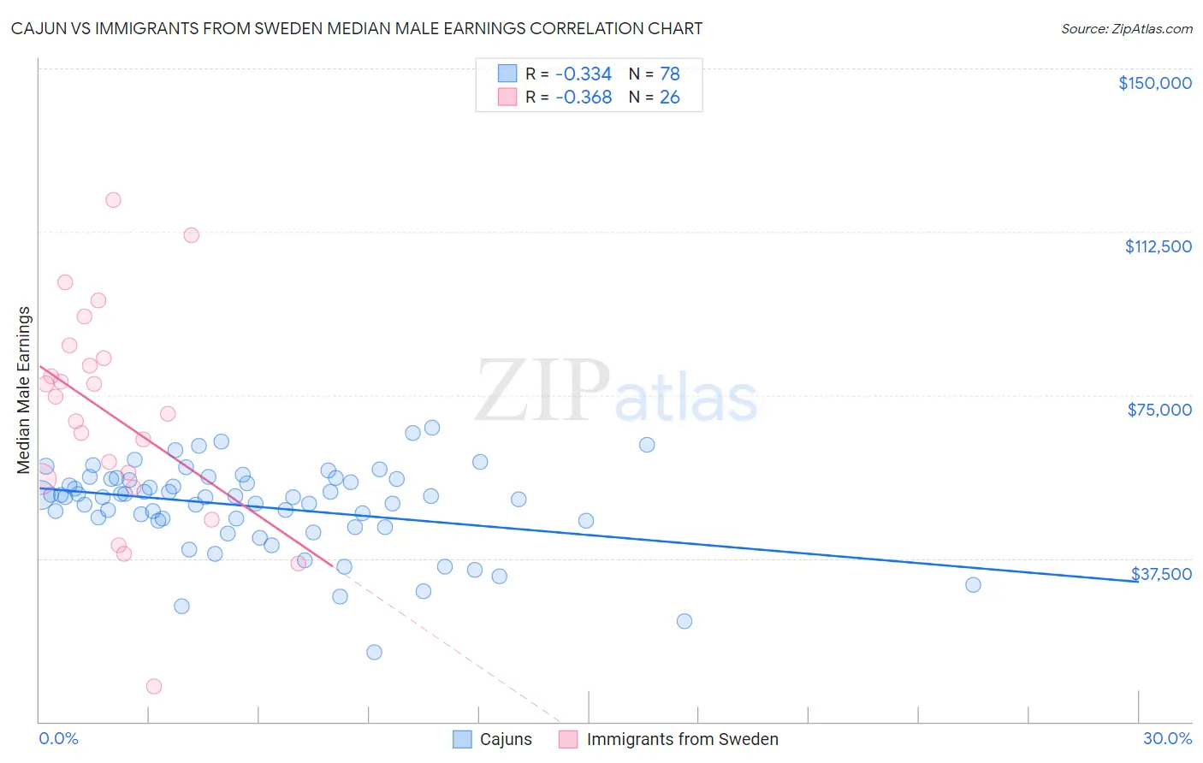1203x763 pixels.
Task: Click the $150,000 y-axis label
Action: [1154, 83]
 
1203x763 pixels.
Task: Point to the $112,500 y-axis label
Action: [1158, 246]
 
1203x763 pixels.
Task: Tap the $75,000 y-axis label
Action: [1159, 410]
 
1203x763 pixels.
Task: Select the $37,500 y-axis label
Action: [1161, 574]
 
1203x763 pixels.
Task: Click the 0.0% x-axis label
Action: [58, 738]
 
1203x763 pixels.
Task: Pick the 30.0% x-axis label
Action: [1167, 738]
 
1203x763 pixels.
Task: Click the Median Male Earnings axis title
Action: [24, 390]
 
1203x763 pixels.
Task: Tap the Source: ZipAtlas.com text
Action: [1126, 29]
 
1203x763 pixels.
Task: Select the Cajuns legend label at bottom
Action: [506, 739]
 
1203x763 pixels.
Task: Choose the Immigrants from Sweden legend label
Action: [682, 739]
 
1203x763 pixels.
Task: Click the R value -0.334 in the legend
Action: [584, 74]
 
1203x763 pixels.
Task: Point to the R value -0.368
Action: [584, 98]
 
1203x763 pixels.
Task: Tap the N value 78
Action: [669, 74]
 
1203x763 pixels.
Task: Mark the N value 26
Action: [669, 98]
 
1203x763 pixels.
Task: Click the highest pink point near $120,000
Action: [113, 200]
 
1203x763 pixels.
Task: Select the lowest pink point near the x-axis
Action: [154, 686]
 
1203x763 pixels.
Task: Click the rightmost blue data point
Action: [973, 585]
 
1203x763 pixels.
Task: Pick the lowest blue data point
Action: [374, 652]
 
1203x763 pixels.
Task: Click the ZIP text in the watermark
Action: [542, 391]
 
